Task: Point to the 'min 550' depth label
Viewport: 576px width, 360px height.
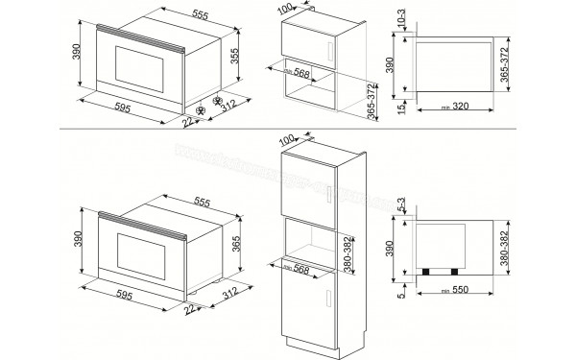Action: point(459,289)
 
